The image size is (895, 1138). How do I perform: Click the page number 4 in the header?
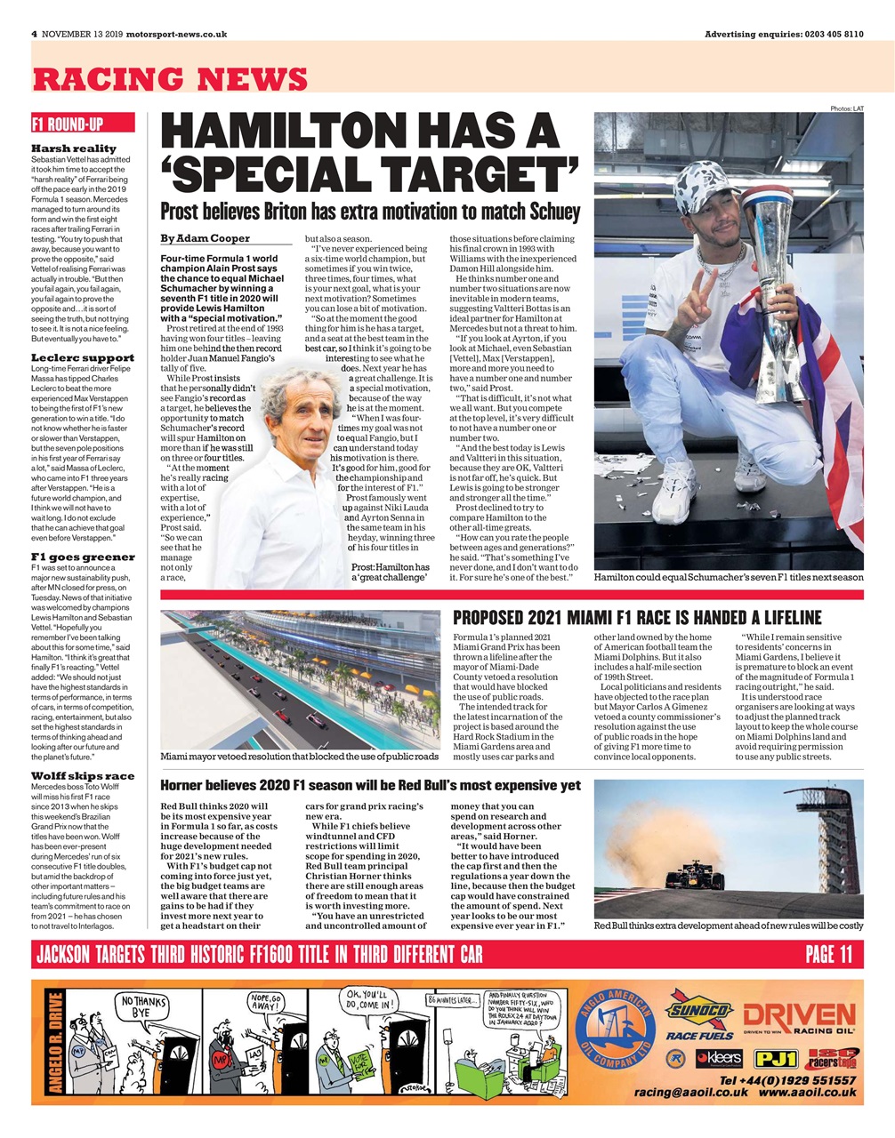(x=34, y=34)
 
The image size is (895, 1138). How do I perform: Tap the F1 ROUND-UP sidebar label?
(x=68, y=124)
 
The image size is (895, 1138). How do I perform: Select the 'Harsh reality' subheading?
(x=74, y=148)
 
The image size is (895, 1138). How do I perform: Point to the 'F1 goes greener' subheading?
(x=83, y=557)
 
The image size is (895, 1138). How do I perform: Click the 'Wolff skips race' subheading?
(x=83, y=775)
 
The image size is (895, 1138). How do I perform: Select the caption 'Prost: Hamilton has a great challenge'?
(x=390, y=573)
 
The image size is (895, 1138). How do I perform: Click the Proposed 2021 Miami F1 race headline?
(x=637, y=618)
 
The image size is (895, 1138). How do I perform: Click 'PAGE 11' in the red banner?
(x=828, y=954)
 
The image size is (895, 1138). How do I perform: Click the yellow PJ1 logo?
(x=775, y=1059)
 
